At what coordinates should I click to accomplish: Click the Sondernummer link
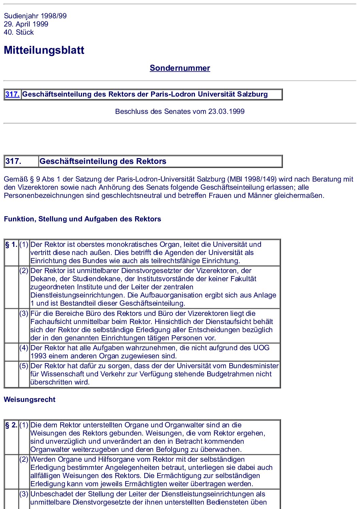coord(180,68)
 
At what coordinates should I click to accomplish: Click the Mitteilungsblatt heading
coord(44,50)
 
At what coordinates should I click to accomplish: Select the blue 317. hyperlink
coord(12,94)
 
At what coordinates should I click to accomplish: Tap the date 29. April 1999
coord(26,24)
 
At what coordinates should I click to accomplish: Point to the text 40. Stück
coord(19,32)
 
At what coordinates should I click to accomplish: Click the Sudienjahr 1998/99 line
coord(35,16)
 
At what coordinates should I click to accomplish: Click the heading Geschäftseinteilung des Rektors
coord(103,161)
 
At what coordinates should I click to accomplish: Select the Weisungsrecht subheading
coord(29,400)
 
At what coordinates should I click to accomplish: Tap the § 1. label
coord(11,244)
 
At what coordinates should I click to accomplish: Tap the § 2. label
coord(11,425)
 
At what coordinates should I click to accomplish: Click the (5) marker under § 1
coord(24,366)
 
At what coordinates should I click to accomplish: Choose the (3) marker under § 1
coord(24,313)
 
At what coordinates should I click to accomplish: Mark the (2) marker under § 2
coord(24,459)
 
